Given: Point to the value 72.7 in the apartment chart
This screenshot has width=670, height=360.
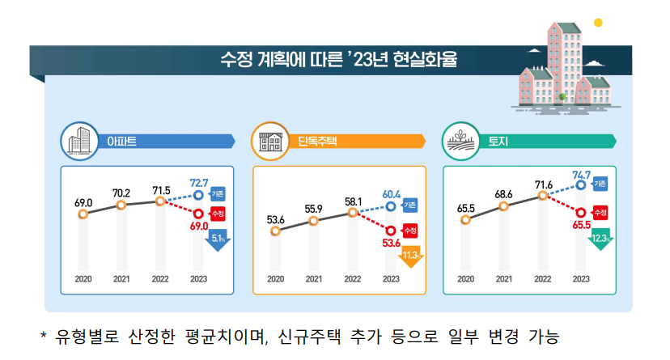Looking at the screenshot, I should [x=199, y=183].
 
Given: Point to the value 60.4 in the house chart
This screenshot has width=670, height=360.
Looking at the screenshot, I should [x=392, y=194].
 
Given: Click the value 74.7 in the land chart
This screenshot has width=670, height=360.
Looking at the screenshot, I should [x=581, y=174].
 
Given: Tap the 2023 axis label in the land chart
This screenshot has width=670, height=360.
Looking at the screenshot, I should [x=581, y=279].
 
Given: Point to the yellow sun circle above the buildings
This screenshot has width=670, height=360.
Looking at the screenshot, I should [x=598, y=22].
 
